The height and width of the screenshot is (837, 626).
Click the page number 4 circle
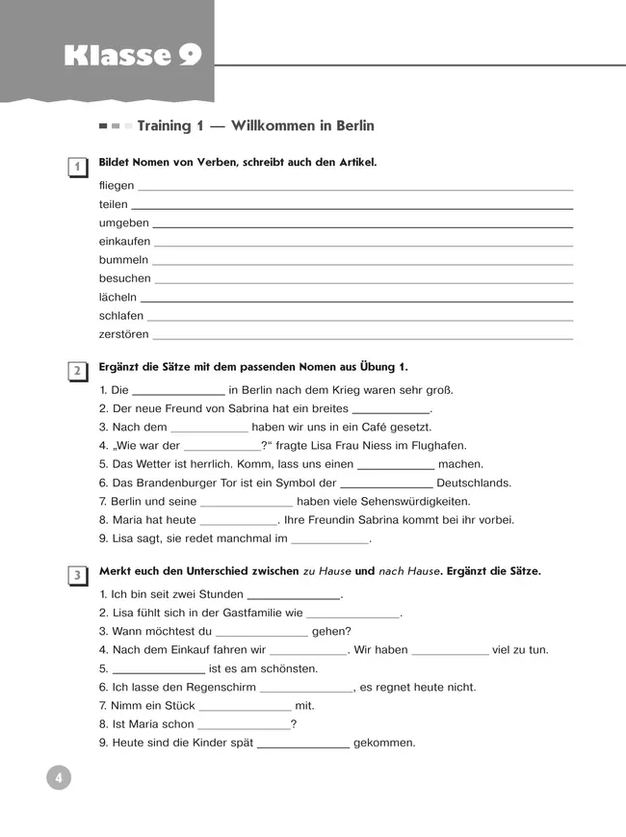[58, 776]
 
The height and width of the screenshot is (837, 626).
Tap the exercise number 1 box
[75, 168]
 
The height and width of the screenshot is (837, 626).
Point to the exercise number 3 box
[75, 576]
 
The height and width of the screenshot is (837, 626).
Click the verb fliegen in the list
[117, 186]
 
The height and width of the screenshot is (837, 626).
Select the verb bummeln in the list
[123, 260]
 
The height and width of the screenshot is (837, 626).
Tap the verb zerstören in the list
[123, 334]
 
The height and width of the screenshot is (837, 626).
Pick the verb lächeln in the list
[117, 297]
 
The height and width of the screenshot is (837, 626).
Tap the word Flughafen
[438, 446]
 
